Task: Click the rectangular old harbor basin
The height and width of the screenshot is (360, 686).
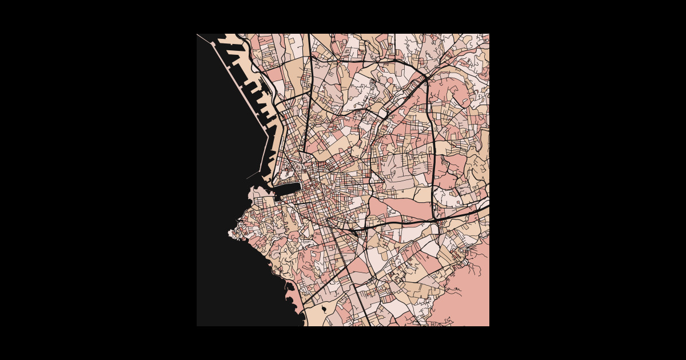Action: [289, 191]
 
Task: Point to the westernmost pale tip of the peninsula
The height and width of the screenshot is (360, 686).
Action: [230, 233]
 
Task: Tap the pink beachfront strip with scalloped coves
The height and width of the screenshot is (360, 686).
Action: [294, 297]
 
